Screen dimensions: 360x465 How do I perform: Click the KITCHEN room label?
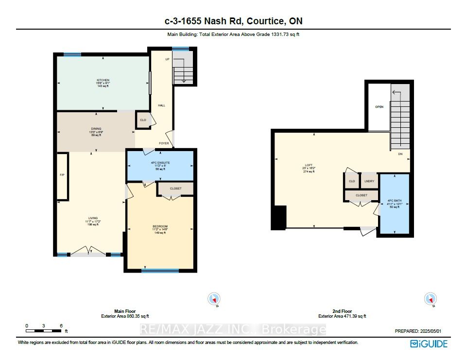pyautogui.click(x=103, y=80)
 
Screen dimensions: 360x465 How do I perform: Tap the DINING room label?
pyautogui.click(x=95, y=129)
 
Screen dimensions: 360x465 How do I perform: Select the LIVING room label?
pyautogui.click(x=92, y=218)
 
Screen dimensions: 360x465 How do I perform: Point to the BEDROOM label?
pyautogui.click(x=160, y=226)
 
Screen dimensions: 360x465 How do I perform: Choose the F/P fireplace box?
pyautogui.click(x=62, y=175)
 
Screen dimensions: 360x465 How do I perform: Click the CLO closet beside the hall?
pyautogui.click(x=143, y=120)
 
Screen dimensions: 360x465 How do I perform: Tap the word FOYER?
pyautogui.click(x=164, y=144)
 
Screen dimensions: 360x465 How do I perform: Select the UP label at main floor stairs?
pyautogui.click(x=167, y=59)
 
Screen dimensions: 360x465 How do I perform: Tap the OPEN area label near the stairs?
pyautogui.click(x=379, y=106)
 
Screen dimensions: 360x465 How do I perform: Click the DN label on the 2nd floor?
pyautogui.click(x=400, y=154)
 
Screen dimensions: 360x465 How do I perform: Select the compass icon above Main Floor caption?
pyautogui.click(x=213, y=298)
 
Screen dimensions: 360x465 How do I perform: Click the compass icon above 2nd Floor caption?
pyautogui.click(x=430, y=298)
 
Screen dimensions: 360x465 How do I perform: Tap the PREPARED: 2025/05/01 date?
pyautogui.click(x=420, y=331)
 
